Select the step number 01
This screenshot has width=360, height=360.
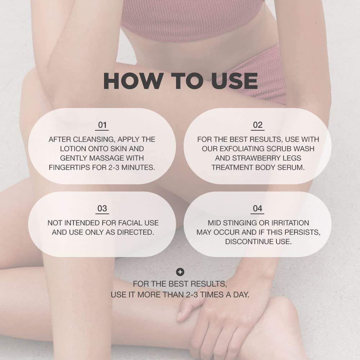pyautogui.click(x=103, y=125)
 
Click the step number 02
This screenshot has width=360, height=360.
pyautogui.click(x=258, y=125)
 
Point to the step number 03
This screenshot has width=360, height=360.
pyautogui.click(x=102, y=209)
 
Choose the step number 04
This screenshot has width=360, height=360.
pyautogui.click(x=258, y=209)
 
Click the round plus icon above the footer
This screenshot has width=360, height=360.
pyautogui.click(x=180, y=272)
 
